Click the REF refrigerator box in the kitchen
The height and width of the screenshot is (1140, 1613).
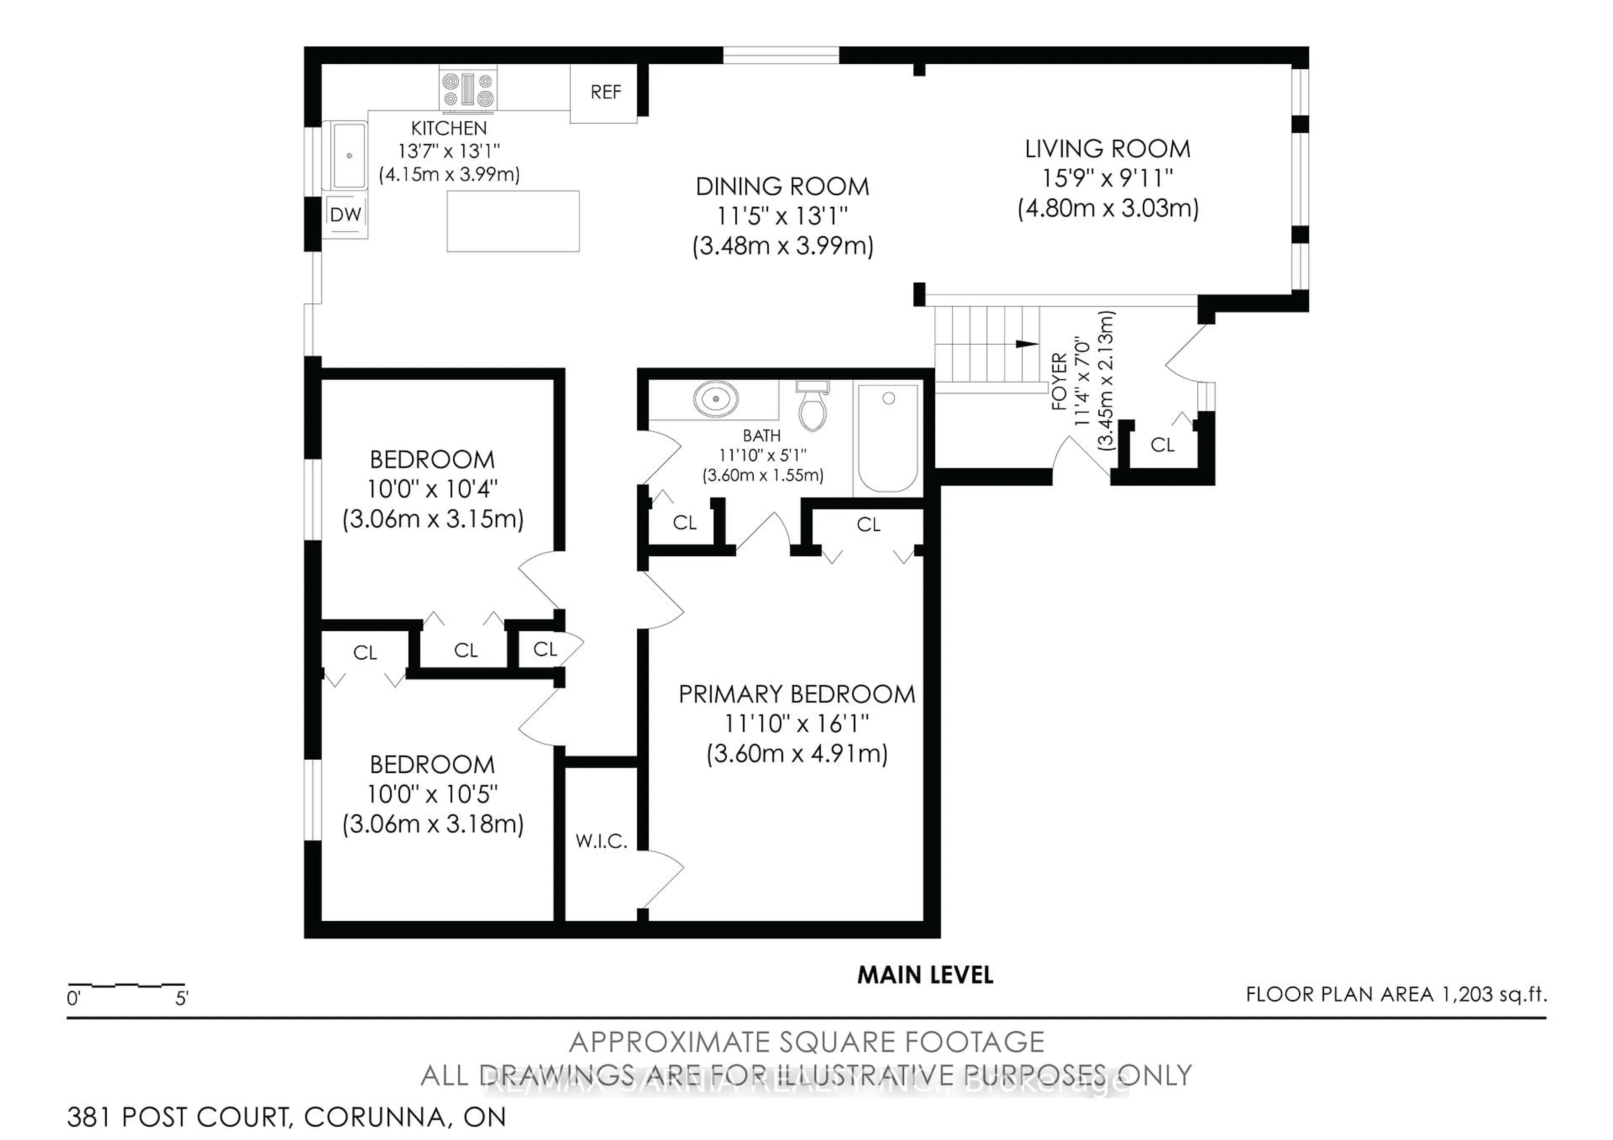point(604,93)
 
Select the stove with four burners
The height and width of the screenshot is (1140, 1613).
point(468,89)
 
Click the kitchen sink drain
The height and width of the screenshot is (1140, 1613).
point(349,155)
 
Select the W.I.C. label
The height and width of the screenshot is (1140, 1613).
point(601,841)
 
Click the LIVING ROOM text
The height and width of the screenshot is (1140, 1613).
point(1107,149)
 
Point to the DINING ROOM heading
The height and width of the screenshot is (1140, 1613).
point(782,187)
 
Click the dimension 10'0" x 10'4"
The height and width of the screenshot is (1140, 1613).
point(432,489)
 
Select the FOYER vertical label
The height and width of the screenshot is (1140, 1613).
point(1059,381)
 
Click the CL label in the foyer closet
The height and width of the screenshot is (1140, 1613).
point(1162,445)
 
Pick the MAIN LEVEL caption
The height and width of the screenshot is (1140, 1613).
point(925,975)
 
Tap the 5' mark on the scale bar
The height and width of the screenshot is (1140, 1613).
point(181,998)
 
